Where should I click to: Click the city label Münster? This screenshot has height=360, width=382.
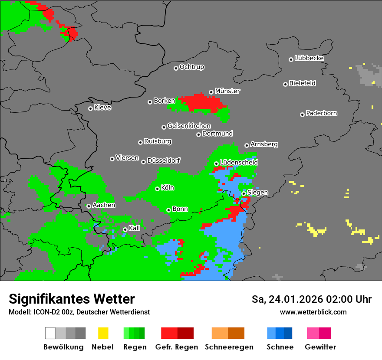pyautogui.click(x=227, y=91)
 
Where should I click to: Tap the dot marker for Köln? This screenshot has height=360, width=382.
pyautogui.click(x=157, y=189)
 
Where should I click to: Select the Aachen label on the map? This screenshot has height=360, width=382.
pyautogui.click(x=104, y=205)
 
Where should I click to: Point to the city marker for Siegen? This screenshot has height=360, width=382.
pyautogui.click(x=244, y=193)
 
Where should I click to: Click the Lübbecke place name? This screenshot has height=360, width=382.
pyautogui.click(x=309, y=58)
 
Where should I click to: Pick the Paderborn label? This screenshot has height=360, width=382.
pyautogui.click(x=321, y=113)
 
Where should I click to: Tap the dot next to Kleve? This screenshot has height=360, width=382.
pyautogui.click(x=90, y=108)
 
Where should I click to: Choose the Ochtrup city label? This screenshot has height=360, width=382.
pyautogui.click(x=191, y=67)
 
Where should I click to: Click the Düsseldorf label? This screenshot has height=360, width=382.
pyautogui.click(x=164, y=160)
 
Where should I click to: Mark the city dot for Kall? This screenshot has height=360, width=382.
pyautogui.click(x=125, y=229)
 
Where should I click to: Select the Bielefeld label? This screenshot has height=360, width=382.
pyautogui.click(x=302, y=83)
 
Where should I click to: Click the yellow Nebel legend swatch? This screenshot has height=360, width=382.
pyautogui.click(x=103, y=333)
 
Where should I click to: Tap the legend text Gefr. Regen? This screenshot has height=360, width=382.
pyautogui.click(x=177, y=347)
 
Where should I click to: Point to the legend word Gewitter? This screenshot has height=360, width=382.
pyautogui.click(x=320, y=347)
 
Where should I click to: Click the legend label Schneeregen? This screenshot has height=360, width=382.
pyautogui.click(x=228, y=347)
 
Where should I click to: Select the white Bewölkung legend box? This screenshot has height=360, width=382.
pyautogui.click(x=50, y=333)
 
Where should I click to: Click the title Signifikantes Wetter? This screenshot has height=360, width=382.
pyautogui.click(x=72, y=299)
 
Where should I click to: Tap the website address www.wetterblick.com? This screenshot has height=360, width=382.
pyautogui.click(x=313, y=312)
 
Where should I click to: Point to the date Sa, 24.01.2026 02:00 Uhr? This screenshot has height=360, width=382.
pyautogui.click(x=311, y=299)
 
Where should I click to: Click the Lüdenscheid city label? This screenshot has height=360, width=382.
pyautogui.click(x=239, y=162)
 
